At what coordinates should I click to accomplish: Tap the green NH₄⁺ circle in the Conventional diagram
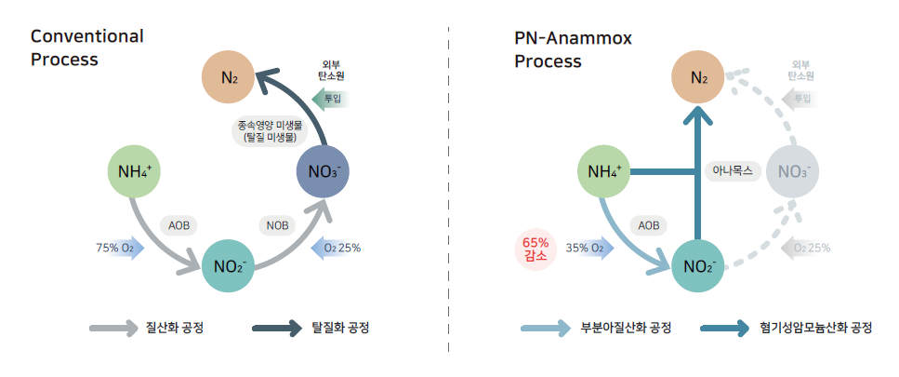point(136,171)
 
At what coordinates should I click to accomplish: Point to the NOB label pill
point(277,225)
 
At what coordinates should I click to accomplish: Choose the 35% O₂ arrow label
point(590,249)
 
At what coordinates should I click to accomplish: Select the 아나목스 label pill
point(734,171)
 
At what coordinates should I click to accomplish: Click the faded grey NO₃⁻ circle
point(792,171)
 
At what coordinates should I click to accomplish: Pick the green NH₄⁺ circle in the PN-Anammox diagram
point(605,171)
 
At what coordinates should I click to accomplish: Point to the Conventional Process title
point(87,48)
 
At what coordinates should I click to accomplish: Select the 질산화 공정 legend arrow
point(112,329)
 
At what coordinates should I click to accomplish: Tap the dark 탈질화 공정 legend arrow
point(276,329)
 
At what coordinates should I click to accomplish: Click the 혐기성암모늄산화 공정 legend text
point(815,329)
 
